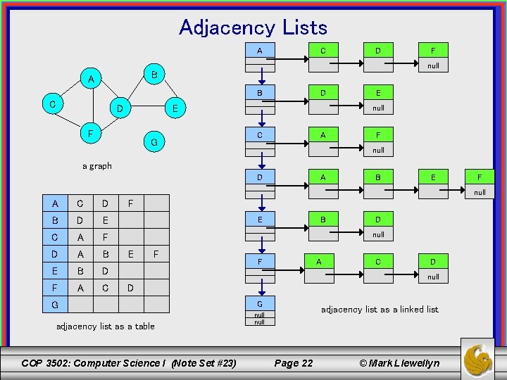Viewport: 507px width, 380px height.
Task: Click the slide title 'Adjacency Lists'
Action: [253, 27]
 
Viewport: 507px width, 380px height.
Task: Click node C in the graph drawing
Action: [53, 104]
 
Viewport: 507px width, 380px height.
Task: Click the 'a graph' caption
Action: [97, 166]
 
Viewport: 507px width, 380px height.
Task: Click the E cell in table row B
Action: [106, 220]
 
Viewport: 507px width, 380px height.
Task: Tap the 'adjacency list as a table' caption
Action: [105, 326]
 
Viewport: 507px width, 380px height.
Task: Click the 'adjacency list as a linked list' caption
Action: [380, 309]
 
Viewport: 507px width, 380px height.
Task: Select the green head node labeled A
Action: [260, 51]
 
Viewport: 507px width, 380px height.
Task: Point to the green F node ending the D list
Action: [480, 177]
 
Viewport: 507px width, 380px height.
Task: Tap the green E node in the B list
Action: [378, 93]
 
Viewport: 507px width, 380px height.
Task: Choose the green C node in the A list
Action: [323, 51]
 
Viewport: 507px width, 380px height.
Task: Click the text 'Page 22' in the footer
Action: [293, 363]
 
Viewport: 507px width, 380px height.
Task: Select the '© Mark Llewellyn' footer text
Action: [399, 363]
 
